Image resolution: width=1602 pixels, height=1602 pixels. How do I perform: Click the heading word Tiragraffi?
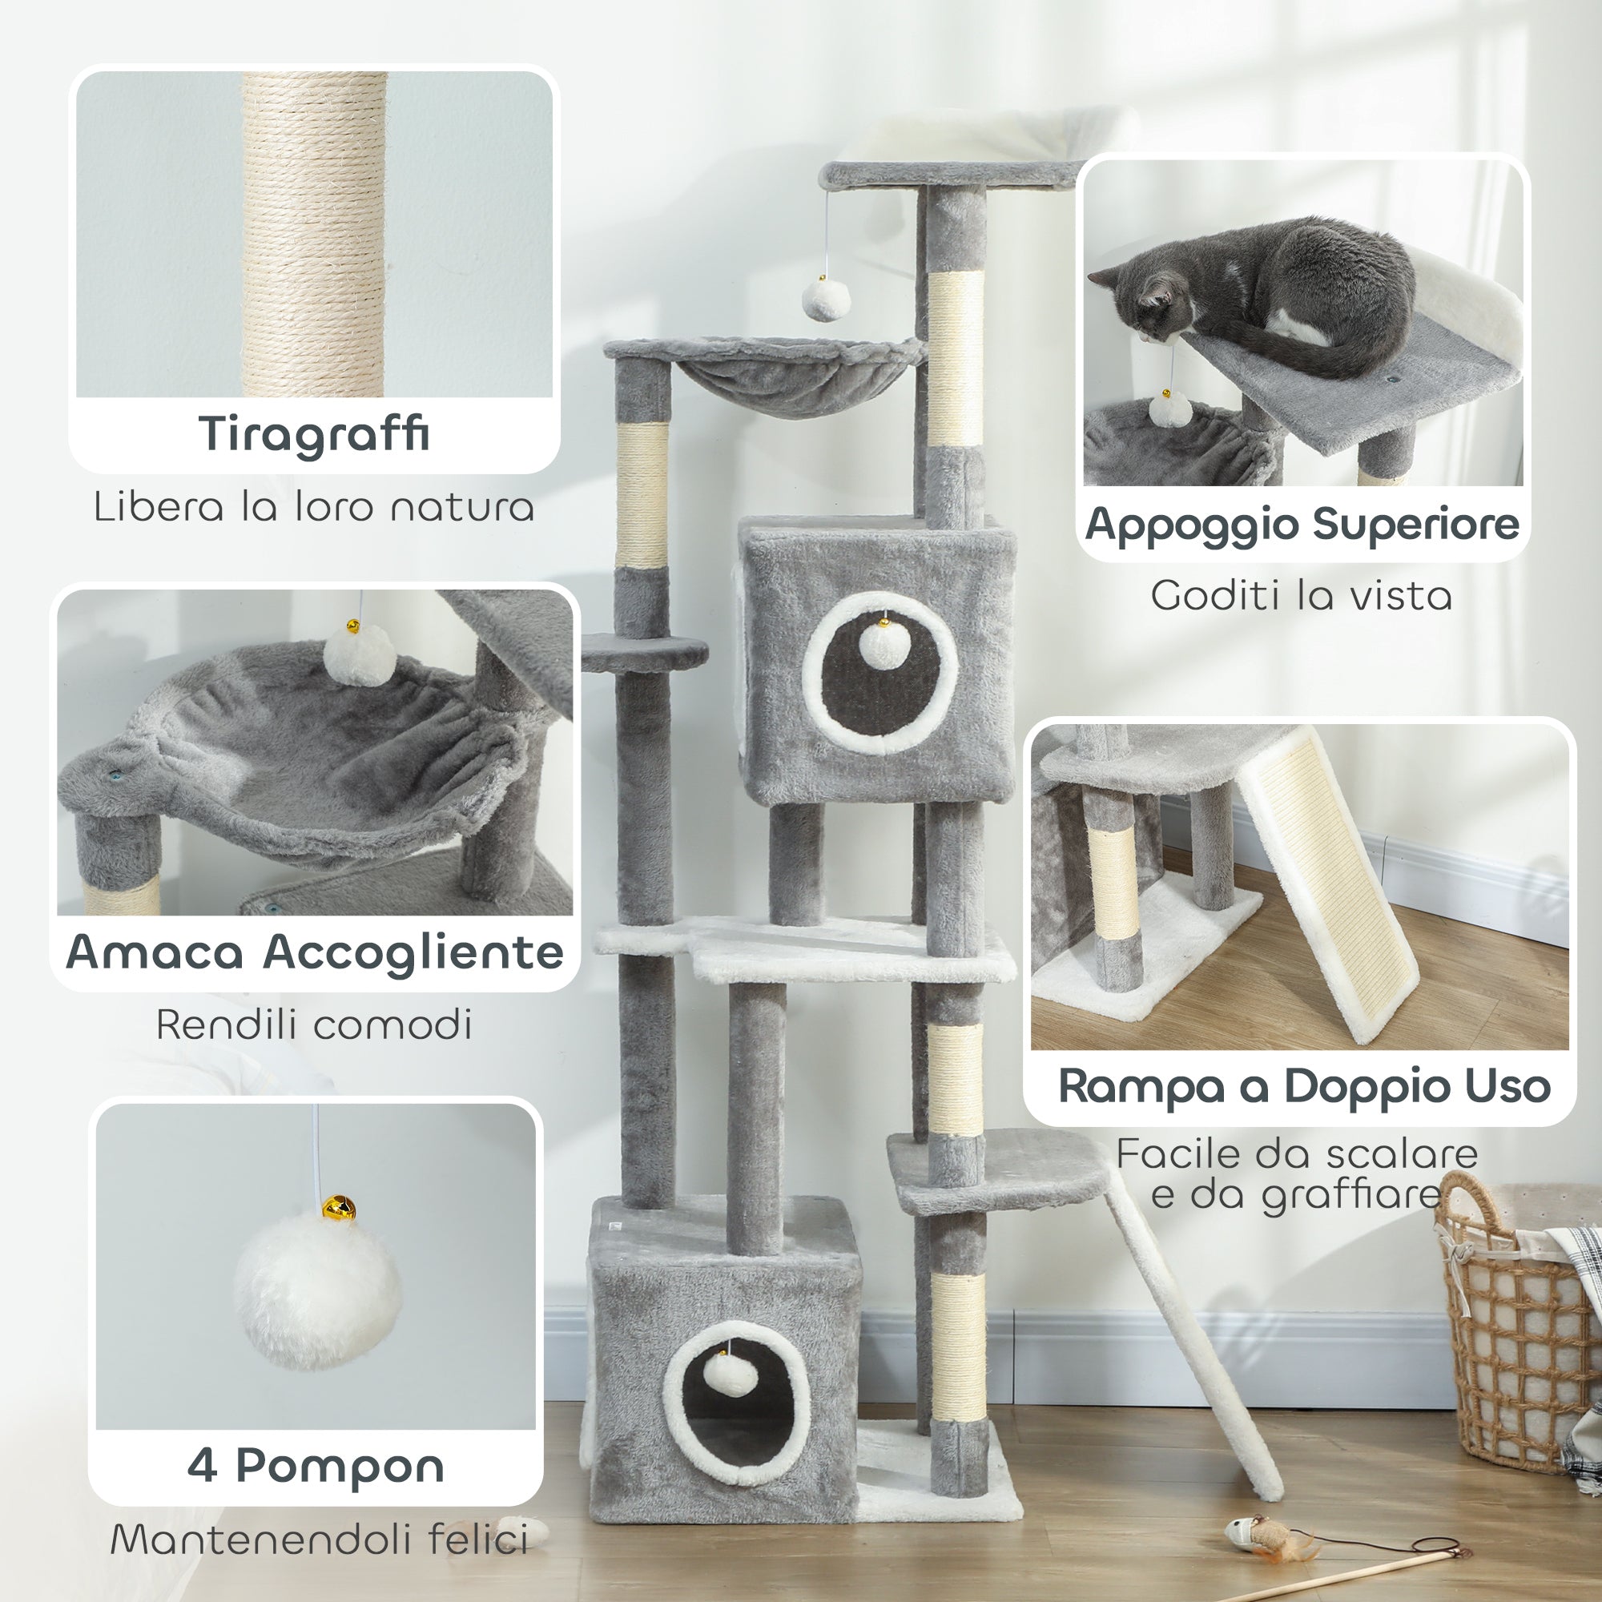[x=314, y=434]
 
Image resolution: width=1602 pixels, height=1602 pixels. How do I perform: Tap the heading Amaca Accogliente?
[x=314, y=951]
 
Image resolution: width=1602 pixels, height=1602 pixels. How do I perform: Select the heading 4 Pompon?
[x=315, y=1465]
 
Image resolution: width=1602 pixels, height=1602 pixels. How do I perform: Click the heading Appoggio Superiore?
[x=1302, y=524]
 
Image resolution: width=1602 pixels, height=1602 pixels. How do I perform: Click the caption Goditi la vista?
[x=1301, y=596]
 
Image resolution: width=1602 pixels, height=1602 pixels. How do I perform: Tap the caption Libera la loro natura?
[x=314, y=507]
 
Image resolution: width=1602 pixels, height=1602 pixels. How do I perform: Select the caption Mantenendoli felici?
[x=320, y=1540]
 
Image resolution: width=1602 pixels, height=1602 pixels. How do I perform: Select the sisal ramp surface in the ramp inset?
[x=1336, y=879]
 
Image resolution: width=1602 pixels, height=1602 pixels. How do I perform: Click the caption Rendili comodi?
[x=314, y=1025]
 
